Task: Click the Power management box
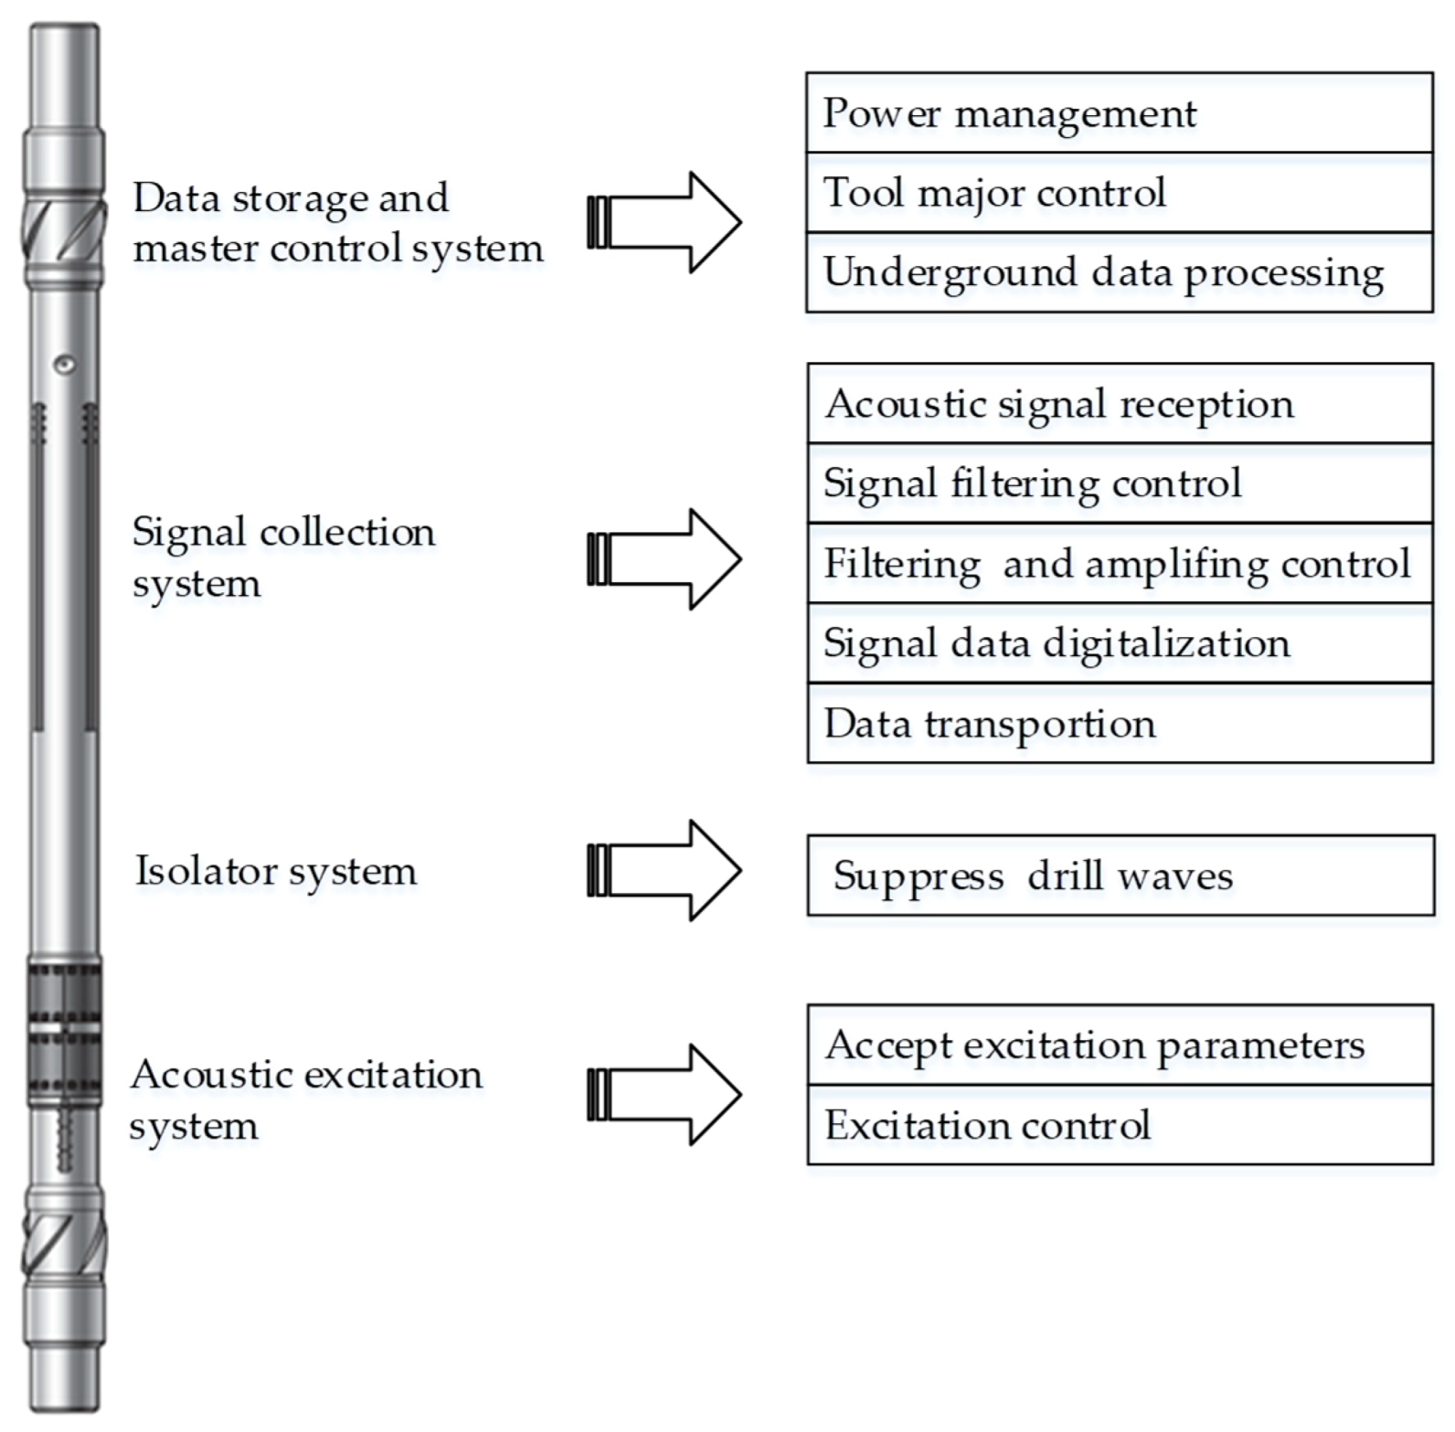tap(1119, 113)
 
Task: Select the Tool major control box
tap(1119, 193)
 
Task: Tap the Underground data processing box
tap(1119, 272)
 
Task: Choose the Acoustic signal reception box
tap(1120, 404)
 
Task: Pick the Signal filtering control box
tap(1120, 483)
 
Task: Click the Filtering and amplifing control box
tap(1120, 563)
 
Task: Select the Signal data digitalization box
tap(1120, 642)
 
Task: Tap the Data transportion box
tap(1120, 723)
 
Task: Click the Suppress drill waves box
tap(1120, 875)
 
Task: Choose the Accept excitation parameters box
tap(1120, 1045)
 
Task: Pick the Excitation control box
tap(1120, 1125)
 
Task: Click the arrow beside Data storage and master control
tap(664, 222)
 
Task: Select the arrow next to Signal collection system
tap(664, 559)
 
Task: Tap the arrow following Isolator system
tap(664, 870)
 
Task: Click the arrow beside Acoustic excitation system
tap(664, 1095)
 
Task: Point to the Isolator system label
tap(276, 871)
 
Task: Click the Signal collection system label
tap(283, 557)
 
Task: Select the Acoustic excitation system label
tap(305, 1099)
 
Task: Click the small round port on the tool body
tap(64, 365)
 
